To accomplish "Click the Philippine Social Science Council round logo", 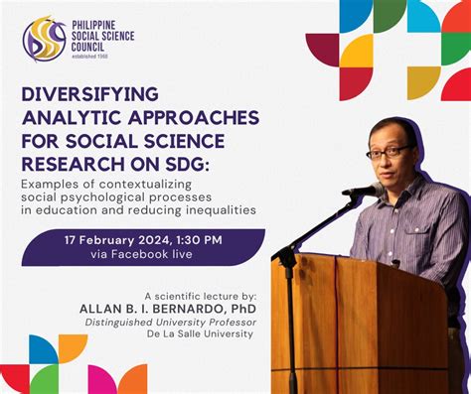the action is [45, 39].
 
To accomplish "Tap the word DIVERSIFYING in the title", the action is [90, 94].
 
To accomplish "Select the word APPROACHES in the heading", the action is [194, 118].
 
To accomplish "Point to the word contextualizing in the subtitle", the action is [145, 185].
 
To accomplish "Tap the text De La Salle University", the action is [200, 333].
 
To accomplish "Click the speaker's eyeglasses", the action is [388, 153].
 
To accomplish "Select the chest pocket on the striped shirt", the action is [420, 241].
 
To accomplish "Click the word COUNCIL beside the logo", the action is [87, 47].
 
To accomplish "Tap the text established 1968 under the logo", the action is [89, 57].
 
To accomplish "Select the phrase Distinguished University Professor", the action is [171, 323].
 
